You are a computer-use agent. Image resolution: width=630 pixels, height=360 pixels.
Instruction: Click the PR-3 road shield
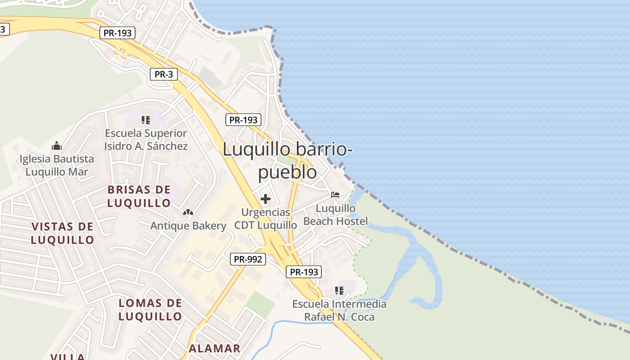163,74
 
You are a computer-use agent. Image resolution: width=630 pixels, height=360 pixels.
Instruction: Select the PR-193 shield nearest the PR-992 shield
304,272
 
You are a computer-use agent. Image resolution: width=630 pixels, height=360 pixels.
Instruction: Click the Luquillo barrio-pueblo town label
288,160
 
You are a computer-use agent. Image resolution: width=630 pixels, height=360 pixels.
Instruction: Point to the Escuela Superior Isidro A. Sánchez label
146,139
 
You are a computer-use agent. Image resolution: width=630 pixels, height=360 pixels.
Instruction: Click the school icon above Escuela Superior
145,120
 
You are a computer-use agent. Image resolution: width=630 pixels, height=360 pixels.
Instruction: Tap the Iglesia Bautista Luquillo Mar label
57,165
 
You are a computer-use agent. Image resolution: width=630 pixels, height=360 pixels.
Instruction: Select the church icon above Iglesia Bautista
57,146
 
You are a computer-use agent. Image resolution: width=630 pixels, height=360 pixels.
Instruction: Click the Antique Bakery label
188,225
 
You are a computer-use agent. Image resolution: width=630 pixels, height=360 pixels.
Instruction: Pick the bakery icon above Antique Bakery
188,212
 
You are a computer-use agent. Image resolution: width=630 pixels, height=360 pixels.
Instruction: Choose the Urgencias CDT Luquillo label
265,218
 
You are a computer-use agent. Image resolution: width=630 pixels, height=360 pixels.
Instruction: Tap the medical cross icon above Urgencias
265,198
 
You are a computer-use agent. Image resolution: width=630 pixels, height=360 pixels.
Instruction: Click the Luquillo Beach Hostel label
335,215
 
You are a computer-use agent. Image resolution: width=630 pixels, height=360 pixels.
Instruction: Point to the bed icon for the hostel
335,195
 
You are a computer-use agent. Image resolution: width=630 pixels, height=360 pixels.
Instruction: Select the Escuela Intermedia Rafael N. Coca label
339,310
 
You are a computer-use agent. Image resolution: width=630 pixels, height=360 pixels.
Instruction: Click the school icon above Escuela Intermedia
339,291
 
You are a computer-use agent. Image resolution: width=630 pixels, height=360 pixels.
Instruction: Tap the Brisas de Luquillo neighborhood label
139,196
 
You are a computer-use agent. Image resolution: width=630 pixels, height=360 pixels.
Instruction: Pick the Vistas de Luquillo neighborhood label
63,233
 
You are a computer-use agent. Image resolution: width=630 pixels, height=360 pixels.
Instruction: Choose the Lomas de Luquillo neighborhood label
150,310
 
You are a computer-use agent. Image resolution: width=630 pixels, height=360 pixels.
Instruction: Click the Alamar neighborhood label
215,348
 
